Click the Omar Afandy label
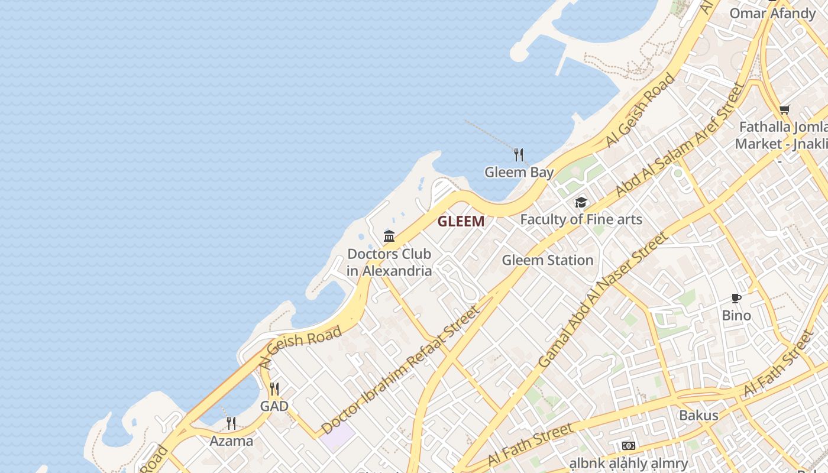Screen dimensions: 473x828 [772, 13]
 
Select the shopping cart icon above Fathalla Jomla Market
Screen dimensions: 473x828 [784, 109]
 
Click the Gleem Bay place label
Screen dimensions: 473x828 [519, 172]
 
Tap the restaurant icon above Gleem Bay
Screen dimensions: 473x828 [519, 155]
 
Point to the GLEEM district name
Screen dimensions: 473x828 [461, 222]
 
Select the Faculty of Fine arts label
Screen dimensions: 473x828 [581, 219]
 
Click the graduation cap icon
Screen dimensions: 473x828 [581, 203]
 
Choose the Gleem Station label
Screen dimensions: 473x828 [547, 260]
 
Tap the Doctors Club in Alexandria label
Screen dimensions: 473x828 [389, 263]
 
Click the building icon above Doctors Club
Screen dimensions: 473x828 [389, 237]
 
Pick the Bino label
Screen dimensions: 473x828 [736, 315]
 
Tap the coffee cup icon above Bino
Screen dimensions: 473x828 [736, 298]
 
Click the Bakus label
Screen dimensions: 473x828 [698, 415]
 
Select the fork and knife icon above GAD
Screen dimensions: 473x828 [274, 389]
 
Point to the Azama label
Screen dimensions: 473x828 [231, 441]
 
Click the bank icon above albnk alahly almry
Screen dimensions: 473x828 [628, 446]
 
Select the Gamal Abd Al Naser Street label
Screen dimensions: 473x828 [603, 300]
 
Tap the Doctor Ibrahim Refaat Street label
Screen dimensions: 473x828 [400, 370]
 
